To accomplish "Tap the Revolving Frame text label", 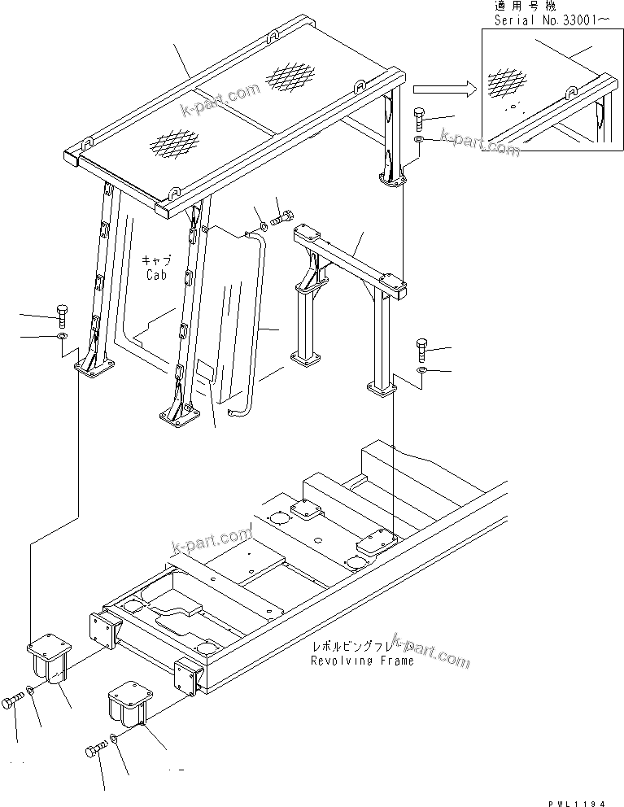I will (361, 661).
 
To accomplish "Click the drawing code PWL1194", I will (578, 801).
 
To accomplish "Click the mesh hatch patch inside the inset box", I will (506, 83).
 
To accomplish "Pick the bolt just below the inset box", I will (419, 119).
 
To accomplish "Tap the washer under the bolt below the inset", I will (417, 140).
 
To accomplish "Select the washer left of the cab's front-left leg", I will (63, 335).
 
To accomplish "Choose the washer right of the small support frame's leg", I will (421, 371).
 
